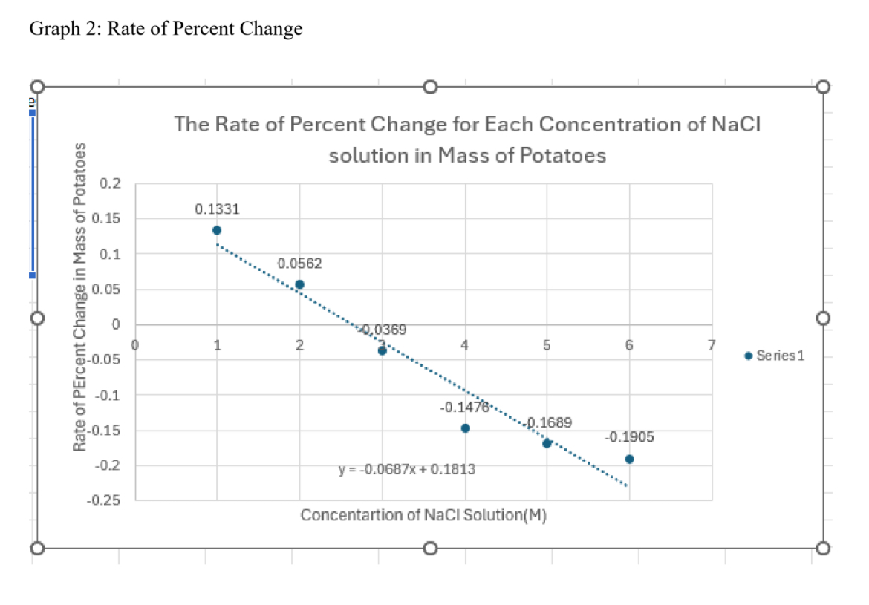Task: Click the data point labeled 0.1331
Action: point(217,230)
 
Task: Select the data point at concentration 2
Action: point(299,284)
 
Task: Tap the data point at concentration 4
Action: point(465,428)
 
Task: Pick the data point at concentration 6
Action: point(630,459)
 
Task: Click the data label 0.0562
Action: point(300,264)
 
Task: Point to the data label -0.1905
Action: point(630,437)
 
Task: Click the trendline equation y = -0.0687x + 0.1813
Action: point(407,470)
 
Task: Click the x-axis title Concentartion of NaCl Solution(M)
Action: point(423,516)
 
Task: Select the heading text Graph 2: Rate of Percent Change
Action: point(166,29)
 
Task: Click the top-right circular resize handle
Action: point(821,88)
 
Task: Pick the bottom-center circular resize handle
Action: point(430,549)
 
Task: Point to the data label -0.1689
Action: point(550,422)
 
